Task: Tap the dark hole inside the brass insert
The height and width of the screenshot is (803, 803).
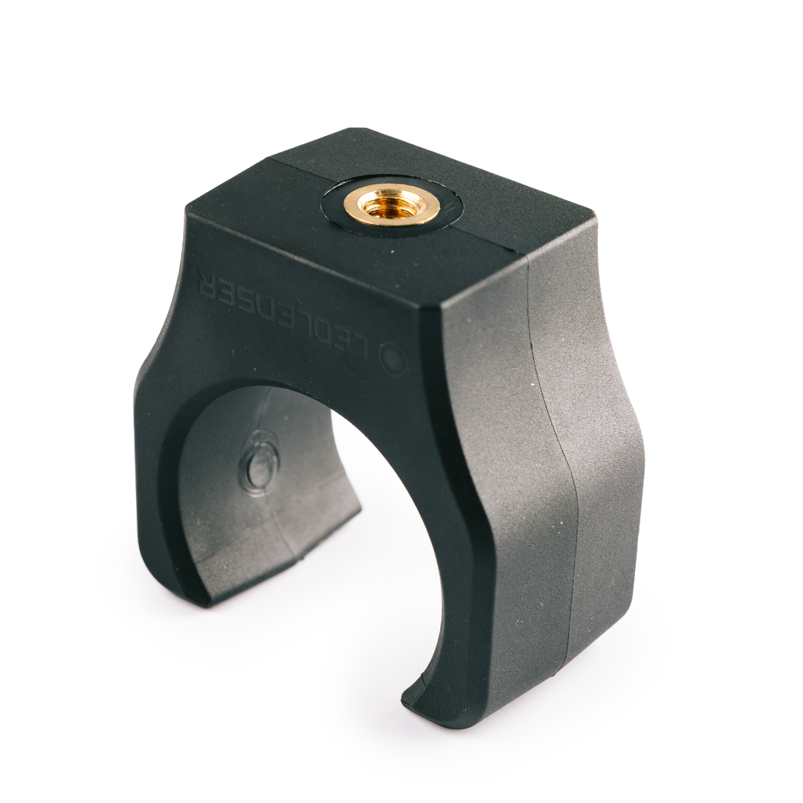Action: pyautogui.click(x=387, y=202)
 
